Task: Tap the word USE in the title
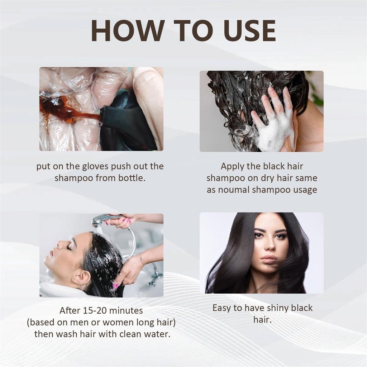tap(249, 31)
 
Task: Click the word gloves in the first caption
tap(95, 167)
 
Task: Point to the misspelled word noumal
tap(233, 190)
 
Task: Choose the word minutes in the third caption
tap(126, 311)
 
